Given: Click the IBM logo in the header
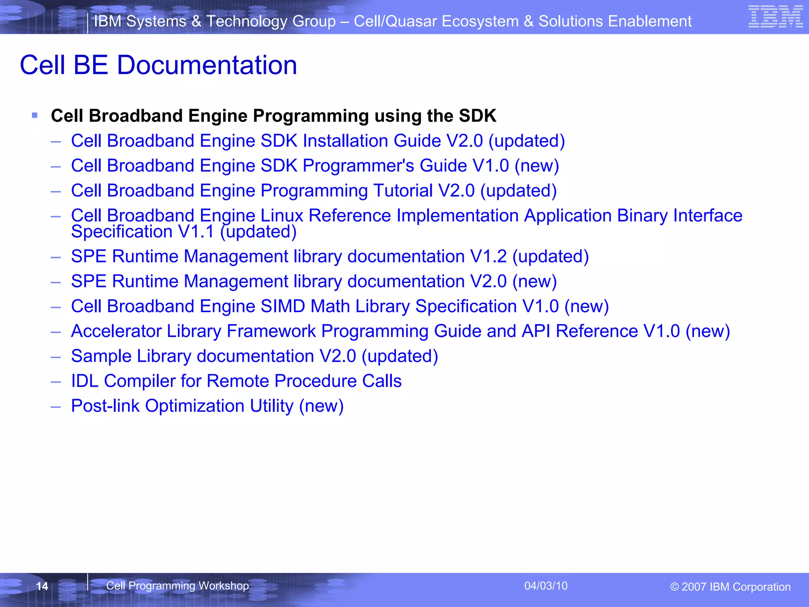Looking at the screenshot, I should tap(775, 17).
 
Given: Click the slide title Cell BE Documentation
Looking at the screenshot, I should tap(158, 65).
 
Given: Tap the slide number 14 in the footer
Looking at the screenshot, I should tap(42, 586).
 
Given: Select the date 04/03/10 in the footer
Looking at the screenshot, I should tap(546, 586).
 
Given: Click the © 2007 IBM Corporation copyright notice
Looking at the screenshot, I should tap(730, 587).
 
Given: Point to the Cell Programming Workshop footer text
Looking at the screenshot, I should tap(177, 586).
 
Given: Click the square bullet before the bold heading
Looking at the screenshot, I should tap(35, 115).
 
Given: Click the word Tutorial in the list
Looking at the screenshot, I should tap(403, 191).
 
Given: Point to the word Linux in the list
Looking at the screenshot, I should tap(281, 216).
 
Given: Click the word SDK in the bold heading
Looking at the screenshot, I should tap(477, 116).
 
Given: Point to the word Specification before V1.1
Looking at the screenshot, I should tap(122, 232).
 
